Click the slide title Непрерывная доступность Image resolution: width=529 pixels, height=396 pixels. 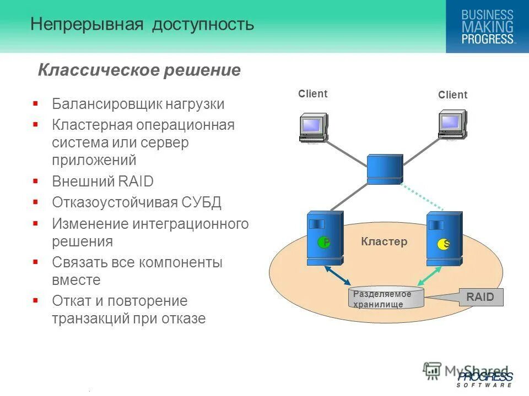click(x=142, y=24)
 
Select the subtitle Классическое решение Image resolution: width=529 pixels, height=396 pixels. click(x=139, y=70)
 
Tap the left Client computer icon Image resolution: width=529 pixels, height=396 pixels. click(x=313, y=128)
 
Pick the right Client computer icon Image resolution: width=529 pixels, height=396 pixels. click(x=452, y=125)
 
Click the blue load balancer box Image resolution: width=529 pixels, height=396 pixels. click(x=385, y=168)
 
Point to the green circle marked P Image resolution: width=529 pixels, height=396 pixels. click(x=324, y=242)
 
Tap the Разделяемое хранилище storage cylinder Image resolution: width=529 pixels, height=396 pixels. click(x=387, y=298)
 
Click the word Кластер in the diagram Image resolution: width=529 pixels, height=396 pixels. click(x=384, y=241)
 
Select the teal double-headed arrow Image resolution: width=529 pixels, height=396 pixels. click(x=430, y=278)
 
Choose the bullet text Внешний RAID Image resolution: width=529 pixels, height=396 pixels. click(x=102, y=182)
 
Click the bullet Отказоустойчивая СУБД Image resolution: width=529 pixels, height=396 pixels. click(x=137, y=202)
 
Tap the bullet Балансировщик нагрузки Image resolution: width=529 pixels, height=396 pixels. click(x=138, y=104)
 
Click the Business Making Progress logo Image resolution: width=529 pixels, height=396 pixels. click(x=487, y=26)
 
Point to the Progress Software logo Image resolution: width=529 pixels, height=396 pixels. click(x=484, y=380)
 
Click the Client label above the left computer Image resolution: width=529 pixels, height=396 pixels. click(x=312, y=94)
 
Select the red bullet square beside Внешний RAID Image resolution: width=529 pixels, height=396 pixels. click(x=35, y=180)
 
